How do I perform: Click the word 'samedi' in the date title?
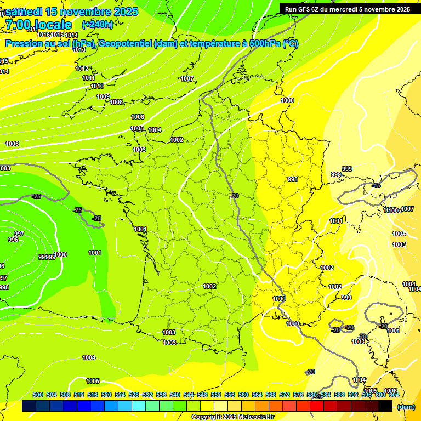pos(24,12)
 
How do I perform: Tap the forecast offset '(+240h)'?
pos(98,24)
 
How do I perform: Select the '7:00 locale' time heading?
pos(38,24)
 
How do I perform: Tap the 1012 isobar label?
pos(82,69)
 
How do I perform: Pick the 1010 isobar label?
pos(97,86)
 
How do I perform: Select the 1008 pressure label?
pos(116,102)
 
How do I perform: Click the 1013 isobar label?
pos(79,49)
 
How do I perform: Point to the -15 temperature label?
pos(376,186)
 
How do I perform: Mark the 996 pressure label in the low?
pos(13,240)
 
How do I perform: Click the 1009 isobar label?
pos(103,96)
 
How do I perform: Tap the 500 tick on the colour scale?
pos(38,395)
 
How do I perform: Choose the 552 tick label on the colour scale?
pos(216,395)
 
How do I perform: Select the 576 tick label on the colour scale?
pos(298,395)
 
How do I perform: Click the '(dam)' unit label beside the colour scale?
pos(406,407)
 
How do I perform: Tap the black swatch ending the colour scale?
pos(385,406)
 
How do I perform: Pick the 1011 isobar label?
pos(89,78)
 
